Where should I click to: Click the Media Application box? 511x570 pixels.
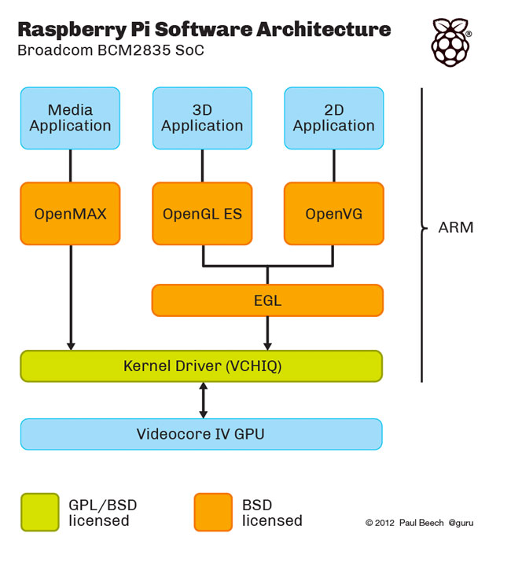pos(70,118)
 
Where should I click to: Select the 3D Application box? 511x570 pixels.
pos(202,118)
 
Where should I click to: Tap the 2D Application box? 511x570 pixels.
pos(333,118)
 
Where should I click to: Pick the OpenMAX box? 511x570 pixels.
pos(70,213)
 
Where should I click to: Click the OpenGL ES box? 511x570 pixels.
pos(202,213)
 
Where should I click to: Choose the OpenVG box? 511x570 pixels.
pos(333,213)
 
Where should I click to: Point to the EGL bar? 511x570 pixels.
pos(267,300)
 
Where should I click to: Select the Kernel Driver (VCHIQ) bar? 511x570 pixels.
pos(201,366)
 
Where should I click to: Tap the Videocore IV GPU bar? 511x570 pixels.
pos(201,434)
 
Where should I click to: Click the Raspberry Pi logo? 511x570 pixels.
pos(451,42)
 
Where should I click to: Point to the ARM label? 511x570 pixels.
pos(456,227)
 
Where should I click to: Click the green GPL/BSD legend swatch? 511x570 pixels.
pos(40,512)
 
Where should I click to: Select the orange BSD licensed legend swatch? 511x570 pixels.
pos(213,512)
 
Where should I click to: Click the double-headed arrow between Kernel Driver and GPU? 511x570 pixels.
pos(204,400)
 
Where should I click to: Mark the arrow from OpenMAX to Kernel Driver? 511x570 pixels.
pos(71,297)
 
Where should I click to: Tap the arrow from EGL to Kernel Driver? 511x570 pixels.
pos(267,333)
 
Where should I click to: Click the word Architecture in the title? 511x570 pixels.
pos(323,29)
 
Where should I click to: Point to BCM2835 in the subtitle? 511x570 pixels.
pos(134,50)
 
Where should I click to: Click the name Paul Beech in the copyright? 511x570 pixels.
pos(421,523)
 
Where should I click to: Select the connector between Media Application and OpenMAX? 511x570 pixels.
pos(71,166)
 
